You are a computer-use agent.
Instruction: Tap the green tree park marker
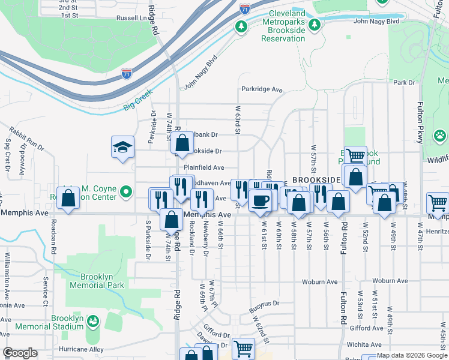(x=241, y=26)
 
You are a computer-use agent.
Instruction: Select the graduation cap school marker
(x=122, y=148)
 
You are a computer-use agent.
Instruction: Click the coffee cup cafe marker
(x=260, y=201)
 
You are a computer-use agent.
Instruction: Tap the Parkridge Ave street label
(x=262, y=89)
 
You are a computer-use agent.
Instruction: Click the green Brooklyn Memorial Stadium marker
(x=92, y=322)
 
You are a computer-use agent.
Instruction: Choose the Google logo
(x=20, y=353)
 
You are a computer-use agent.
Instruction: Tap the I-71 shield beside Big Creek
(x=126, y=74)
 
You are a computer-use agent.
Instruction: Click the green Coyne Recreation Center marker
(x=125, y=192)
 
